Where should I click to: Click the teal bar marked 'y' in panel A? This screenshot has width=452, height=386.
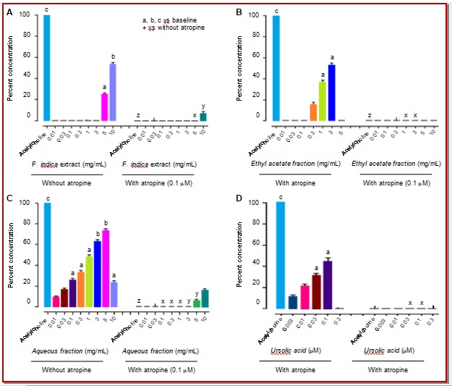click(203, 116)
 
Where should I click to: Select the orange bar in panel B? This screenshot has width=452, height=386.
click(313, 112)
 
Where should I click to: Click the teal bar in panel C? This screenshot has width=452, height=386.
click(204, 298)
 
